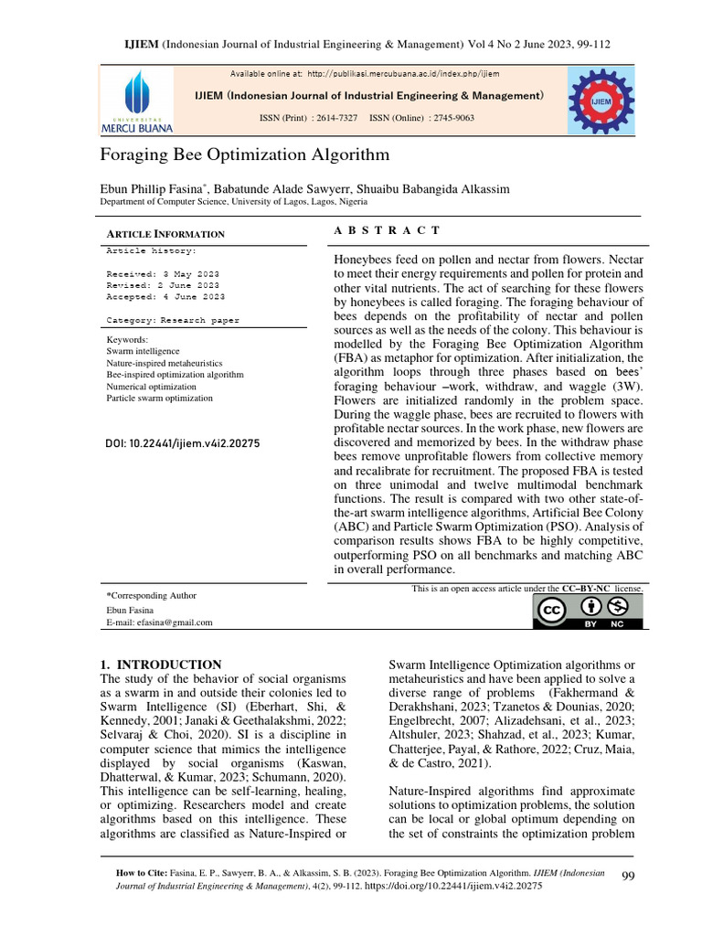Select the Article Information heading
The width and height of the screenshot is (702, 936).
[x=165, y=234]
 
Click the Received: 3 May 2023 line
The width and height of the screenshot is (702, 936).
[x=163, y=273]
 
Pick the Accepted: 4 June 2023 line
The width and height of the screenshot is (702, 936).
[x=163, y=296]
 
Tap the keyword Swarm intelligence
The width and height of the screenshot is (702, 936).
[x=144, y=351]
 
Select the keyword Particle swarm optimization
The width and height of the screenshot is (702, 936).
[x=160, y=399]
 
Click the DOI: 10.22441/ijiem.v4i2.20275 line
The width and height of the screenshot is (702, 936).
[x=184, y=443]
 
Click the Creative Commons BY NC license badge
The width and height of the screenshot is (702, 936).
[x=588, y=612]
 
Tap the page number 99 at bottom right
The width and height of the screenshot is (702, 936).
[x=628, y=877]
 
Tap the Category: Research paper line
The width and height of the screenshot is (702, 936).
[x=173, y=320]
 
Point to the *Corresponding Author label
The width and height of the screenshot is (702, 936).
[x=152, y=595]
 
